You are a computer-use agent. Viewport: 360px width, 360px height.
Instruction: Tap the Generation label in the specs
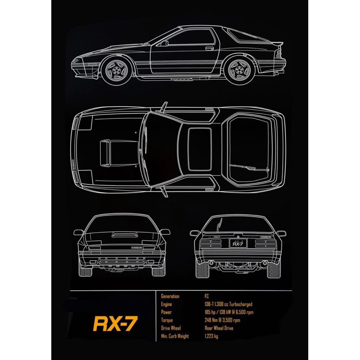pyautogui.click(x=170, y=297)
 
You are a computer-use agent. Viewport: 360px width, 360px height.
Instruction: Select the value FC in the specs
pyautogui.click(x=207, y=297)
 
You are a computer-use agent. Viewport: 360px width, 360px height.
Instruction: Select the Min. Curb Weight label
pyautogui.click(x=175, y=336)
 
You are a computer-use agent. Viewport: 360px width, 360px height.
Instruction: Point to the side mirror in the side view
pyautogui.click(x=165, y=43)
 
